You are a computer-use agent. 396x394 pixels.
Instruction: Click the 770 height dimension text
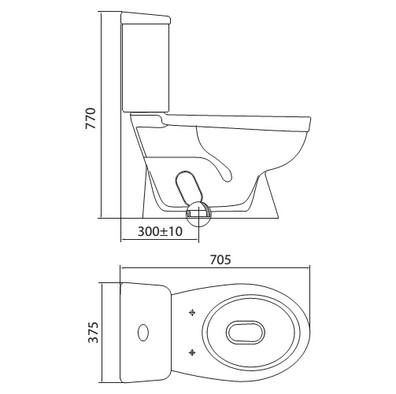coord(91,118)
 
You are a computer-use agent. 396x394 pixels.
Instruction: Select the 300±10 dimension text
coord(160,232)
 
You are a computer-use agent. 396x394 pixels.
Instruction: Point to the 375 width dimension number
coord(94,332)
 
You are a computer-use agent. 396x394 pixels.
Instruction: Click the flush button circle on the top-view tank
coord(143,332)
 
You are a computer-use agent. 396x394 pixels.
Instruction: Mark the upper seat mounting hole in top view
coord(192,313)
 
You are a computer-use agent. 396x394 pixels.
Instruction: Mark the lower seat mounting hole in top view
coord(192,351)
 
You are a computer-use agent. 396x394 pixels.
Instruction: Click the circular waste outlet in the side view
coord(198,213)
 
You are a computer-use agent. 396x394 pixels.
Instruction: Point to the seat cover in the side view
coord(236,120)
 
